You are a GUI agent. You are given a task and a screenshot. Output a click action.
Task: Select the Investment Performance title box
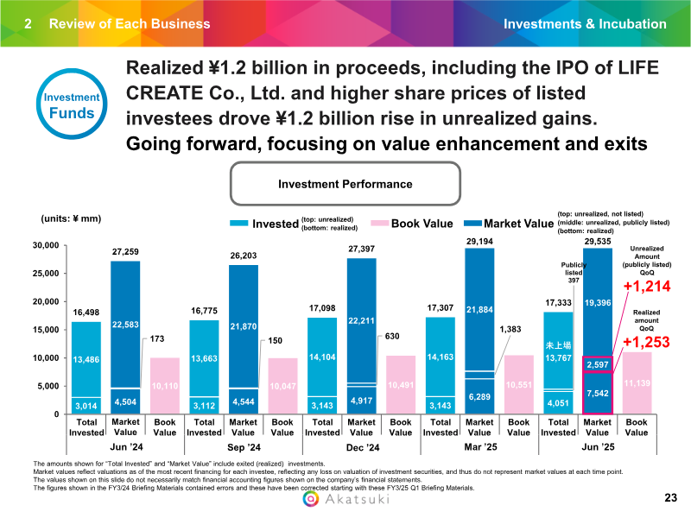point(345,184)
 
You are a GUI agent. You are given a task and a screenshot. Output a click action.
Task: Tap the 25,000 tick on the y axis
point(43,274)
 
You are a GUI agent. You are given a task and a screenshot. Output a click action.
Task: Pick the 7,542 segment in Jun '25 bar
point(597,395)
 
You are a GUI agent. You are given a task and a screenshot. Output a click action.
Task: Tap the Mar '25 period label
point(479,447)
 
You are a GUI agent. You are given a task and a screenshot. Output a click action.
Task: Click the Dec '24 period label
point(362,447)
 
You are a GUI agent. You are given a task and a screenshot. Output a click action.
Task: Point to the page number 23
point(670,498)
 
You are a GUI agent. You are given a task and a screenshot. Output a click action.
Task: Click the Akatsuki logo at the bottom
point(345,500)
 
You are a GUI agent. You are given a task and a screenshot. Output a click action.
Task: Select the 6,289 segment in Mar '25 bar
point(479,396)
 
